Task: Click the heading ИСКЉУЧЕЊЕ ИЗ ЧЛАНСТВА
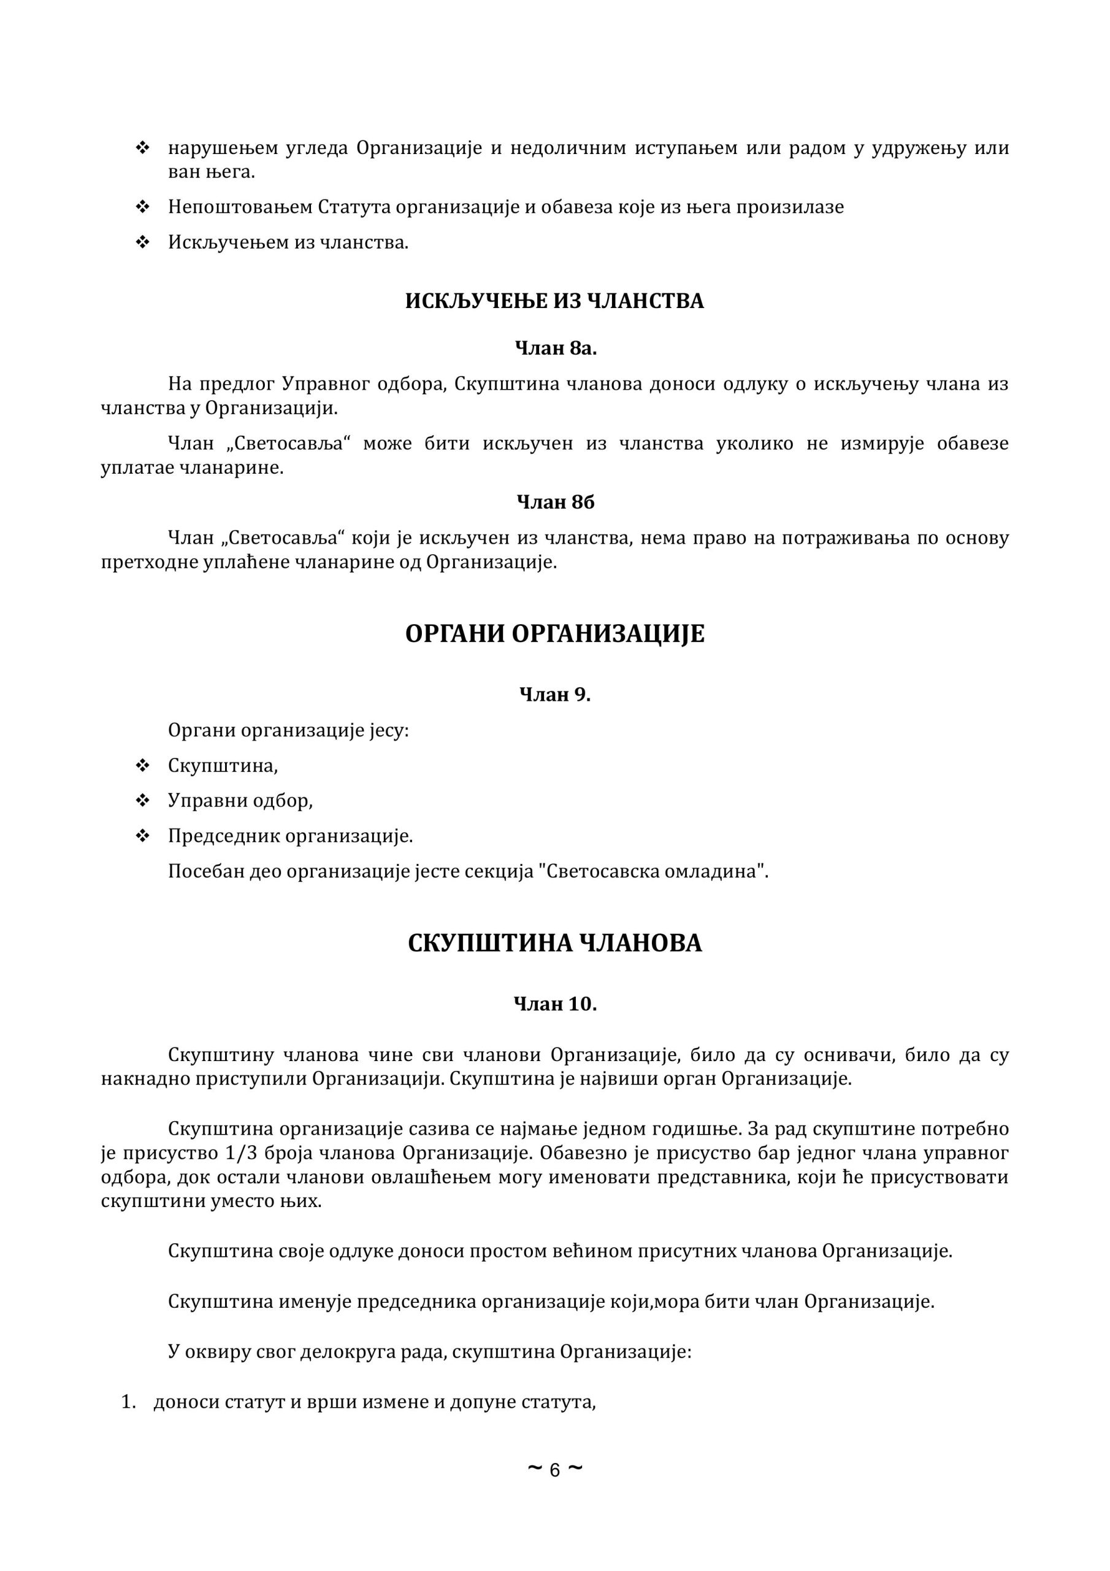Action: tap(554, 301)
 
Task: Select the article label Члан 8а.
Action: tap(556, 349)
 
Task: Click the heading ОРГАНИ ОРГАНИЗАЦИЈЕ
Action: tap(554, 635)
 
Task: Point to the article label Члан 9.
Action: tap(554, 695)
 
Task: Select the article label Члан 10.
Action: tap(554, 1004)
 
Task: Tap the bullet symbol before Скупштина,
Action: tap(143, 766)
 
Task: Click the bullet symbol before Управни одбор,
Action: tap(143, 801)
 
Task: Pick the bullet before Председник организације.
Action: tap(143, 836)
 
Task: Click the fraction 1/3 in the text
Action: tap(240, 1153)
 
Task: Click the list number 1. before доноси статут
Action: tap(129, 1403)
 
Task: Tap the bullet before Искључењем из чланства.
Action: tap(143, 242)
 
